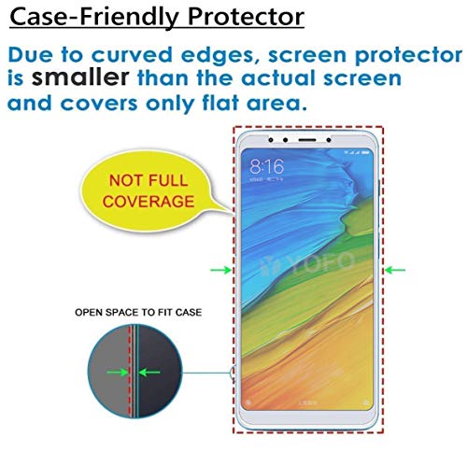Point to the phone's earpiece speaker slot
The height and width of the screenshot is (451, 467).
point(307,140)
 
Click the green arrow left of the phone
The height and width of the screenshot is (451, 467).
point(220,271)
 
